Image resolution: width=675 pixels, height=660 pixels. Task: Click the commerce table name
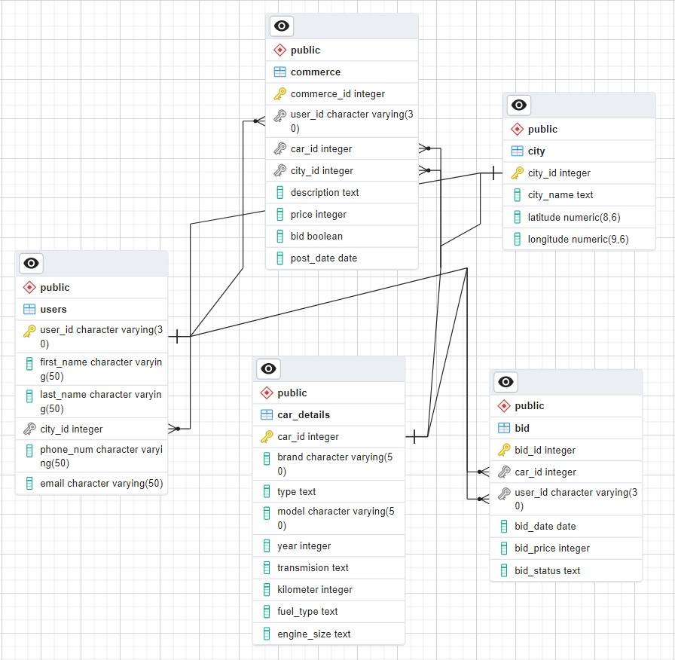point(315,72)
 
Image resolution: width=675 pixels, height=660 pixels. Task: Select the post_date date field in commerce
point(323,258)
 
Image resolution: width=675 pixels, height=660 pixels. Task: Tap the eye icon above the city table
point(519,105)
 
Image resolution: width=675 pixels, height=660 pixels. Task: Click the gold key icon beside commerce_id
point(279,94)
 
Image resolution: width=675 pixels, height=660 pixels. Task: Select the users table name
point(53,309)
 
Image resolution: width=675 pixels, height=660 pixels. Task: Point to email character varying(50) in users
point(101,483)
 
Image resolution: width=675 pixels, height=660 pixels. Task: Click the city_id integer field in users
point(71,429)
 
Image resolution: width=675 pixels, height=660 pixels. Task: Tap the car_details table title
point(304,414)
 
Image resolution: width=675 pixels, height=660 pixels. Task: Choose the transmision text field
point(313,567)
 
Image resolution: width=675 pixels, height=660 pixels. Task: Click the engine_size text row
point(313,634)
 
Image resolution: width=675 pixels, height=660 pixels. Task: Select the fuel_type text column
point(307,611)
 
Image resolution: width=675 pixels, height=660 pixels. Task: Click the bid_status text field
point(547,570)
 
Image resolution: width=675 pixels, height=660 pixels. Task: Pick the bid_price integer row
point(551,548)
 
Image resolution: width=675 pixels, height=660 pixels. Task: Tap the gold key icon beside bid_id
point(504,450)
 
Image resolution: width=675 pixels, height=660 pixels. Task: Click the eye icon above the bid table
point(506,382)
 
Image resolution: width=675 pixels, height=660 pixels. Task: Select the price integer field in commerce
point(318,214)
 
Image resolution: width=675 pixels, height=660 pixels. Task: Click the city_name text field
point(560,194)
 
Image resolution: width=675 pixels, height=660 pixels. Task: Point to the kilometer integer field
point(314,589)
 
